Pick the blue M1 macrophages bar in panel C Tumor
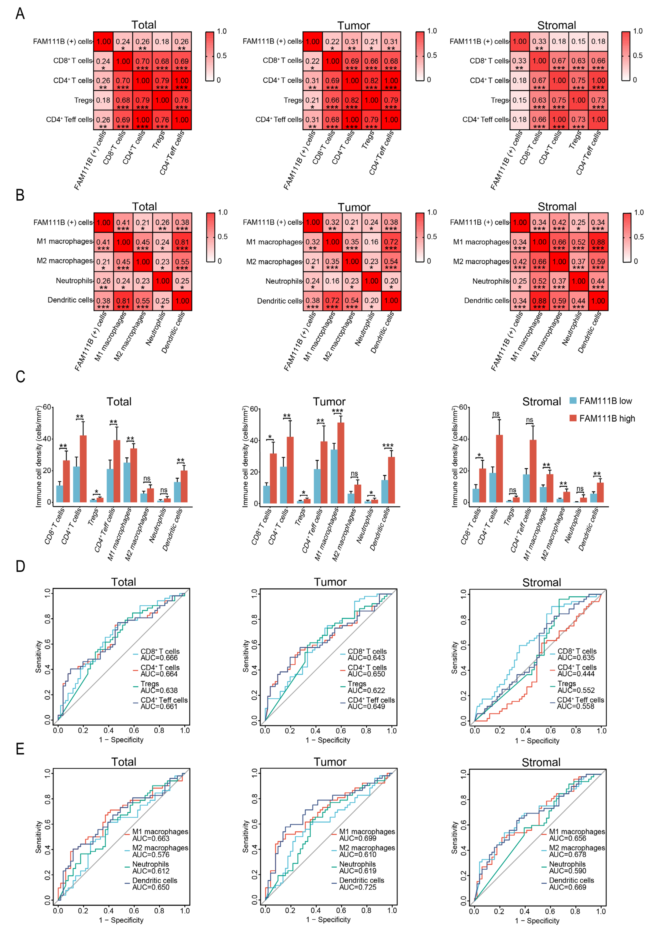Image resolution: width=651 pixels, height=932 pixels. point(334,476)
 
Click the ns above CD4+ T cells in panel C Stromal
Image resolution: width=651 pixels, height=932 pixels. point(496,414)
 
